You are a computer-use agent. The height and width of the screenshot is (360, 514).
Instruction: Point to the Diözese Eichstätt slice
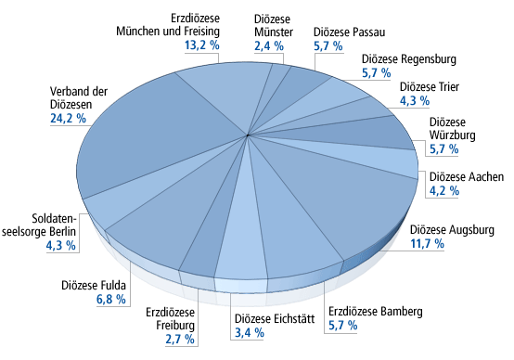pos(241,242)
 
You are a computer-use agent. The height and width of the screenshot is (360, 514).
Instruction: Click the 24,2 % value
pos(68,119)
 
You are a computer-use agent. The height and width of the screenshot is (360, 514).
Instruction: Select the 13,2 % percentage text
pos(202,45)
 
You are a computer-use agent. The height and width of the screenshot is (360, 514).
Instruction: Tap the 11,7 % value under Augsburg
pos(428,244)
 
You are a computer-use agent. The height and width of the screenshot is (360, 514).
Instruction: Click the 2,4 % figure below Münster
pos(269,45)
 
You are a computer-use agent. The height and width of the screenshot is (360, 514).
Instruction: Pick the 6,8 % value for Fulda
pos(111,299)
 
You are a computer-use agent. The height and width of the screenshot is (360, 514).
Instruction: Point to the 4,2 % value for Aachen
pos(444,190)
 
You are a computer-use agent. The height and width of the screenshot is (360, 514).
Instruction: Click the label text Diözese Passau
pos(350,32)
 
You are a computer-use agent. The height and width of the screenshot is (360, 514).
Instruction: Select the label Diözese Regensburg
pos(409,59)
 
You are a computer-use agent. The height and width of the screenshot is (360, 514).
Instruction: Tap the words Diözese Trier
pos(430,87)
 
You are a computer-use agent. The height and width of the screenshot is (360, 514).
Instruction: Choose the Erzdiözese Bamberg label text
pos(376,312)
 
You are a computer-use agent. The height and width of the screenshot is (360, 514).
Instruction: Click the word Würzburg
pos(453,135)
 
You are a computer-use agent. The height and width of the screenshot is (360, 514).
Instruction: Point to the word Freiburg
pos(175,326)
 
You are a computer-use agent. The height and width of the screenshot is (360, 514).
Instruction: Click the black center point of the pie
pos(248,135)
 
